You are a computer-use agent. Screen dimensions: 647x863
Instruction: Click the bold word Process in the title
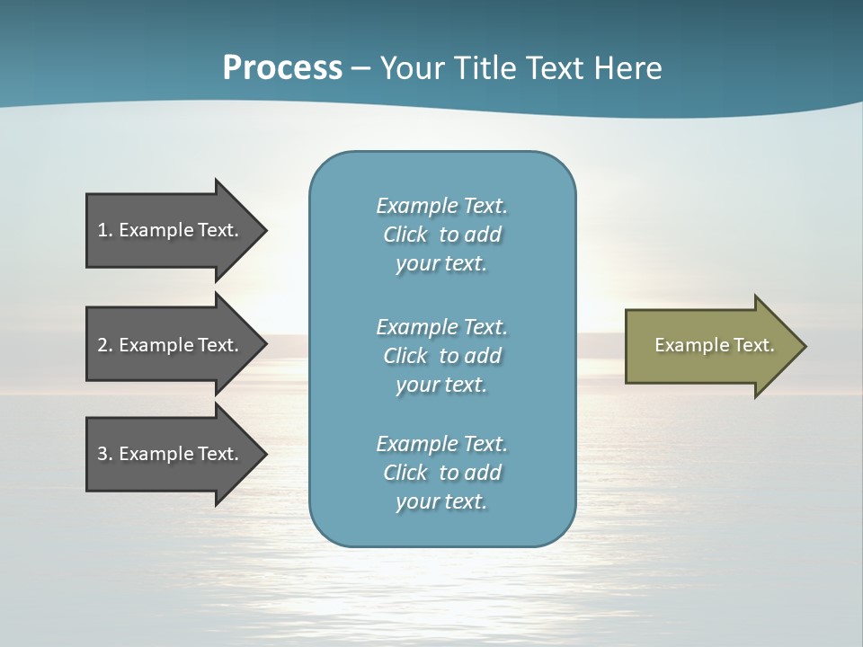coord(282,68)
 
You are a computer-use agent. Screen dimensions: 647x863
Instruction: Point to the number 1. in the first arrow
coord(105,230)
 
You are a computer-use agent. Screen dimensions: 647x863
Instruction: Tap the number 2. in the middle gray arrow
coord(105,345)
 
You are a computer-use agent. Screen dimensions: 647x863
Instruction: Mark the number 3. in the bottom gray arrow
coord(105,454)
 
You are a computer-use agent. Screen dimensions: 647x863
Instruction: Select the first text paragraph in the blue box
coord(441,235)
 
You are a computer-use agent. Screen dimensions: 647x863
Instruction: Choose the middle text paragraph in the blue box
coord(441,356)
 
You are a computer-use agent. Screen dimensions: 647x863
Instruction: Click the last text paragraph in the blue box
coord(441,473)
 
